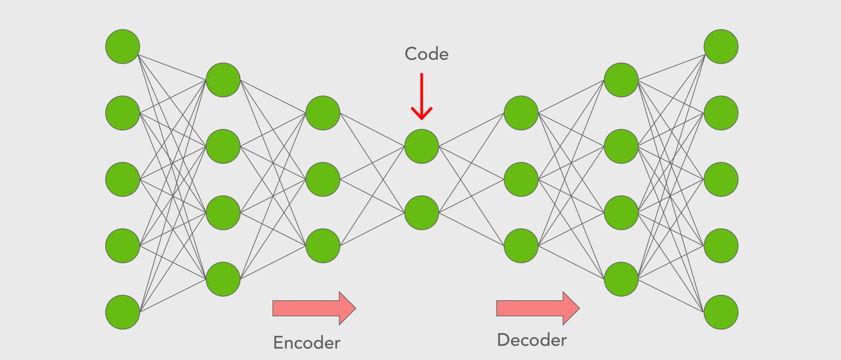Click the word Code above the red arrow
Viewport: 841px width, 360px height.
click(427, 54)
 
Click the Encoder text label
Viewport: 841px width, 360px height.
click(307, 343)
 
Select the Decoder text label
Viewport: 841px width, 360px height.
click(532, 340)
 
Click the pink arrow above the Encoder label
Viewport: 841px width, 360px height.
click(314, 308)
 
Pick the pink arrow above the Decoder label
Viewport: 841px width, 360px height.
click(538, 308)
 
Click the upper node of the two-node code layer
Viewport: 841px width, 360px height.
click(422, 146)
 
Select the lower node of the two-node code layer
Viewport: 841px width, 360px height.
click(422, 213)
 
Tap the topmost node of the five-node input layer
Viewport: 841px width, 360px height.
click(123, 47)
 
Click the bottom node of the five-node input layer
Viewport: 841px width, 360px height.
click(123, 312)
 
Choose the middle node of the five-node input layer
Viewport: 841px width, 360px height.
click(123, 179)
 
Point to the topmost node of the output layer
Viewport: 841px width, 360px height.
click(721, 47)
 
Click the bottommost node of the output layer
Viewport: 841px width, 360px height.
click(721, 312)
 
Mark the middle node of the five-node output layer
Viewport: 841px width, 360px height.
click(721, 179)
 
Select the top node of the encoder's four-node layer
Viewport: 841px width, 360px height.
click(223, 80)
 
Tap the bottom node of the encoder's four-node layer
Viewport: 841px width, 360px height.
click(223, 279)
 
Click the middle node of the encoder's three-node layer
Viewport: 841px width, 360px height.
click(323, 179)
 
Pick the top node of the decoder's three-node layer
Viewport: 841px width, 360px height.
click(521, 113)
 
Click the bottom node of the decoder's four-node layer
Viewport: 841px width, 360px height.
click(621, 279)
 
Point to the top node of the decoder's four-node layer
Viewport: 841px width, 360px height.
click(621, 80)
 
